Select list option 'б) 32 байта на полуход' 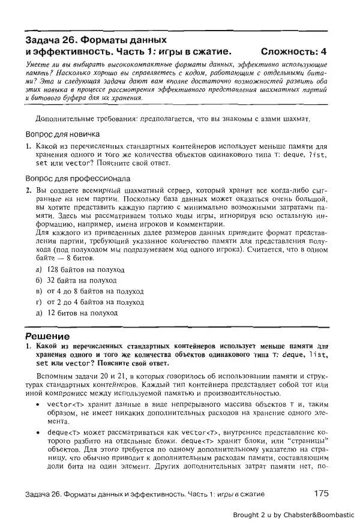(76, 280)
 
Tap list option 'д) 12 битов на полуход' (76, 313)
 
